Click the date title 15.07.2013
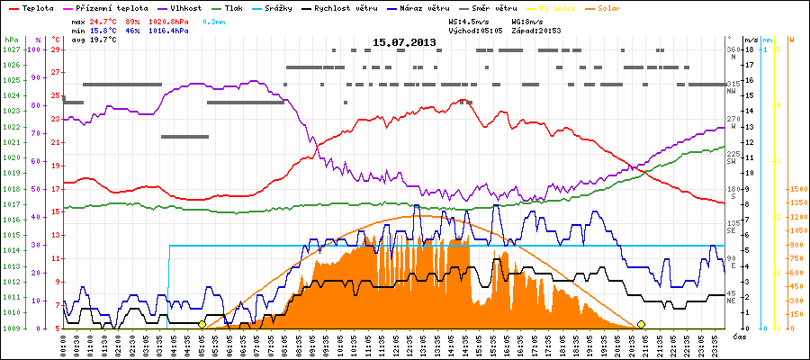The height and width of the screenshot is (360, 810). tap(404, 42)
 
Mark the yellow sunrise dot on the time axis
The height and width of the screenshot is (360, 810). tap(202, 324)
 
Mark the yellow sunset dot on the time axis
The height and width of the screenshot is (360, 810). tap(641, 324)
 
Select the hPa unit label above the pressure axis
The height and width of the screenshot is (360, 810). tap(10, 40)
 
